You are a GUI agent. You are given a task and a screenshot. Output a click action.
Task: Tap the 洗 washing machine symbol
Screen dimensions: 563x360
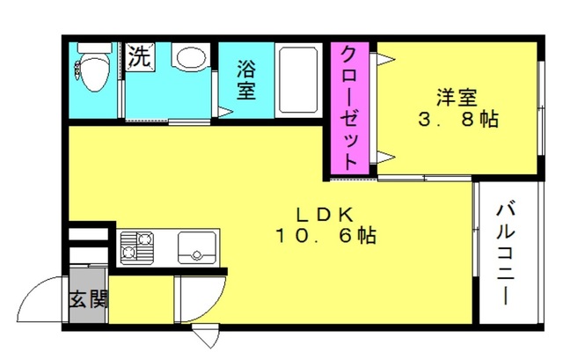point(141,56)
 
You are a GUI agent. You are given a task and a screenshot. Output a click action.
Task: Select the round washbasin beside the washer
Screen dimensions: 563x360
point(191,57)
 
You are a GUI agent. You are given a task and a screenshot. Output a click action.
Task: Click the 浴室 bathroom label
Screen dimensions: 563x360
point(246,80)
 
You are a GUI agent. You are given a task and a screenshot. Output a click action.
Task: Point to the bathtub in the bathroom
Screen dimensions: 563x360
point(299,80)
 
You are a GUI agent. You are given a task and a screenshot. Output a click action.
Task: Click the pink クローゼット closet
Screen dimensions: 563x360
point(350,108)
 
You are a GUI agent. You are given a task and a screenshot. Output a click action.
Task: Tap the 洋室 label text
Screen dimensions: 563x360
point(457,97)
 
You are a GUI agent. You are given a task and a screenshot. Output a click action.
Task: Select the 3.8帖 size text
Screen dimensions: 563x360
point(458,120)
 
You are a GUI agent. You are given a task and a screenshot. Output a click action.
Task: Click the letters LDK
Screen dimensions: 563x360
point(325,215)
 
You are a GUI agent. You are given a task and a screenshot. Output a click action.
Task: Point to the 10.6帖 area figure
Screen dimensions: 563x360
point(325,236)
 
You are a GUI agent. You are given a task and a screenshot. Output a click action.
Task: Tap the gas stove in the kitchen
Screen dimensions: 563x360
point(137,248)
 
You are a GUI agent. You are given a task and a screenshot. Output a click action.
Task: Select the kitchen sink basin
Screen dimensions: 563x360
point(197,248)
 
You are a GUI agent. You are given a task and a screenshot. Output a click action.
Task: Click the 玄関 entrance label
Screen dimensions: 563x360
point(88,299)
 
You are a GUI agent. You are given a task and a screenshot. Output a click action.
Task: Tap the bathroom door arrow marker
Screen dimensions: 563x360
point(225,112)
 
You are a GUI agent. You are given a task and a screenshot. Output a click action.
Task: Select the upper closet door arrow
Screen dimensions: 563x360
point(385,59)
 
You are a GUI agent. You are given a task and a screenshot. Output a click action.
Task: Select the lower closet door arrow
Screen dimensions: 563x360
point(385,157)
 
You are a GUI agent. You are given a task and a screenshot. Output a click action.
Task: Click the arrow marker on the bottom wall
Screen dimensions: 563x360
point(206,335)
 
